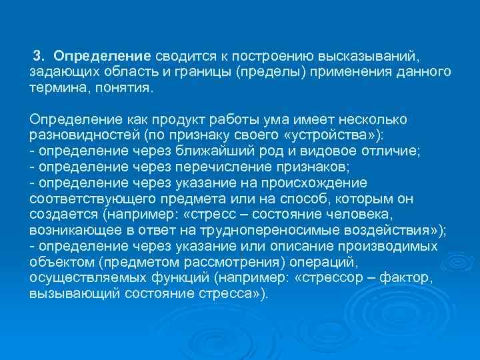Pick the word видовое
[x=337, y=151]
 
